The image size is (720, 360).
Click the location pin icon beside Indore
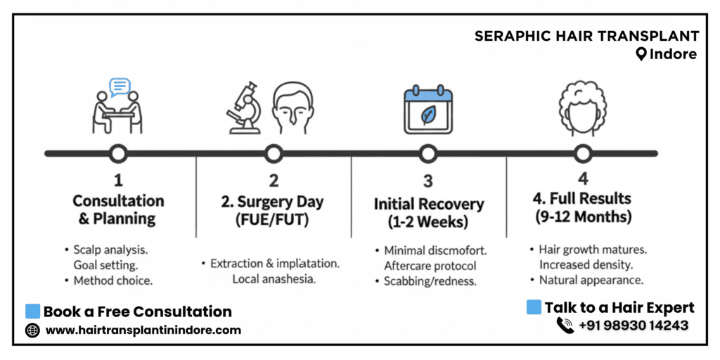[641, 54]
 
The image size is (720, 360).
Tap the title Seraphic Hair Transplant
[586, 36]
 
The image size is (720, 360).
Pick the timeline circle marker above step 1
[118, 153]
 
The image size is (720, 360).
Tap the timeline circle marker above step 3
[427, 153]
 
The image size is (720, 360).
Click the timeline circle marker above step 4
[582, 153]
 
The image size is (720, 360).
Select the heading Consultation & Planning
[118, 210]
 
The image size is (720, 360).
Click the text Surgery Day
[282, 202]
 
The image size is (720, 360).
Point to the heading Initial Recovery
[429, 205]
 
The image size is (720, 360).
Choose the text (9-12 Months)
[581, 217]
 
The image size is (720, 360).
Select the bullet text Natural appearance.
[591, 279]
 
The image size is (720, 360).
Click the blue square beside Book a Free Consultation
[32, 311]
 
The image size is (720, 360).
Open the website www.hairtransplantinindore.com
[143, 330]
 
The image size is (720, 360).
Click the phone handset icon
[565, 325]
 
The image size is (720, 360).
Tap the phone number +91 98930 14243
[634, 325]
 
